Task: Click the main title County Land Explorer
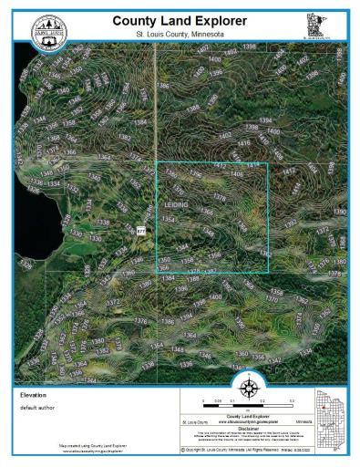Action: click(x=179, y=20)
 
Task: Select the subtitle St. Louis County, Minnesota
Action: click(x=179, y=34)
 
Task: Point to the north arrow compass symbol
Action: click(x=246, y=393)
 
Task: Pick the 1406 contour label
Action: click(x=237, y=173)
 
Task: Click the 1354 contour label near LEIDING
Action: click(x=168, y=220)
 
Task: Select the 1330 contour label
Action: click(x=95, y=239)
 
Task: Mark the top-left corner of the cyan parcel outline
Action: click(x=157, y=163)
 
